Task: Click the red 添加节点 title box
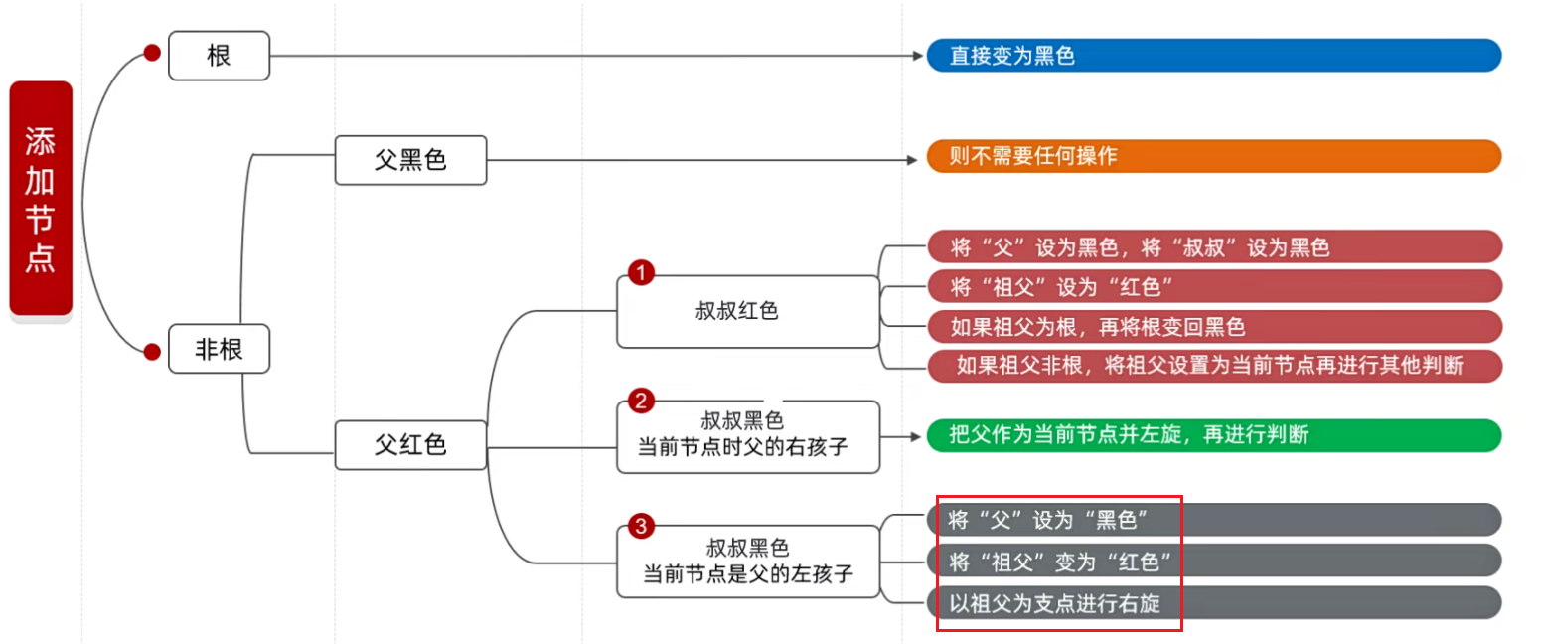pos(41,199)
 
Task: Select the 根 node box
pos(219,56)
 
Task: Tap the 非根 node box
pos(219,349)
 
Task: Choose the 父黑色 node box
pos(410,160)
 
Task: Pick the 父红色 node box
pos(410,445)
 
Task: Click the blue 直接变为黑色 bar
pos(1213,56)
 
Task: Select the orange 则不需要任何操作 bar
pos(1213,157)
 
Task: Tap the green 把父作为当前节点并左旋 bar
pos(1213,435)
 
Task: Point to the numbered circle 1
pos(641,271)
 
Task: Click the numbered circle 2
pos(641,402)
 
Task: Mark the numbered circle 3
pos(641,527)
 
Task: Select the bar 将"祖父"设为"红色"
pos(1213,286)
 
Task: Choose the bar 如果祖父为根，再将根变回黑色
pos(1213,326)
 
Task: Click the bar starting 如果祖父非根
pos(1213,366)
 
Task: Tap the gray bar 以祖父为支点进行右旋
pos(1213,602)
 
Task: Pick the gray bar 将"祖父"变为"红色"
pos(1213,561)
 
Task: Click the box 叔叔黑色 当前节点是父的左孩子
pos(747,562)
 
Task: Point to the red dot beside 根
pos(152,53)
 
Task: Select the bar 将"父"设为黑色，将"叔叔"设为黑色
pos(1213,246)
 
